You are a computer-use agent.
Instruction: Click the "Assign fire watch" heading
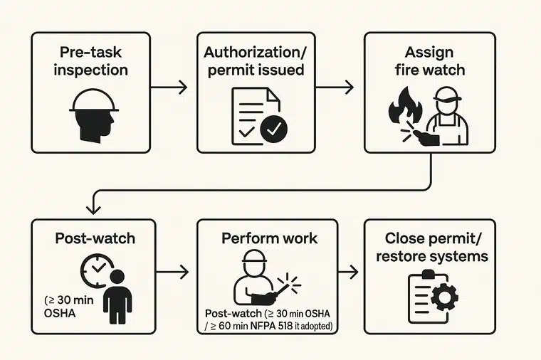(424, 62)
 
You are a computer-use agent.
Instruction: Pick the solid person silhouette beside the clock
(117, 296)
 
